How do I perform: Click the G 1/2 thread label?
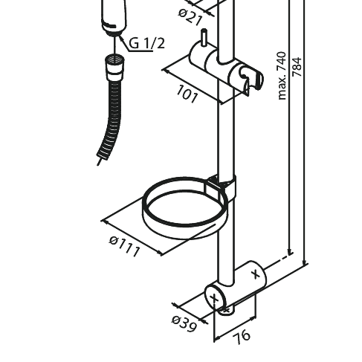pos(147,44)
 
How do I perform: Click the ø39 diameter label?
pos(184,323)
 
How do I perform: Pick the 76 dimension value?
pos(242,336)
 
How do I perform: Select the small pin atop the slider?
pos(202,39)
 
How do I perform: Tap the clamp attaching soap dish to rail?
pos(224,186)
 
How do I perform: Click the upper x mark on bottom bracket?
pos(256,274)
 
